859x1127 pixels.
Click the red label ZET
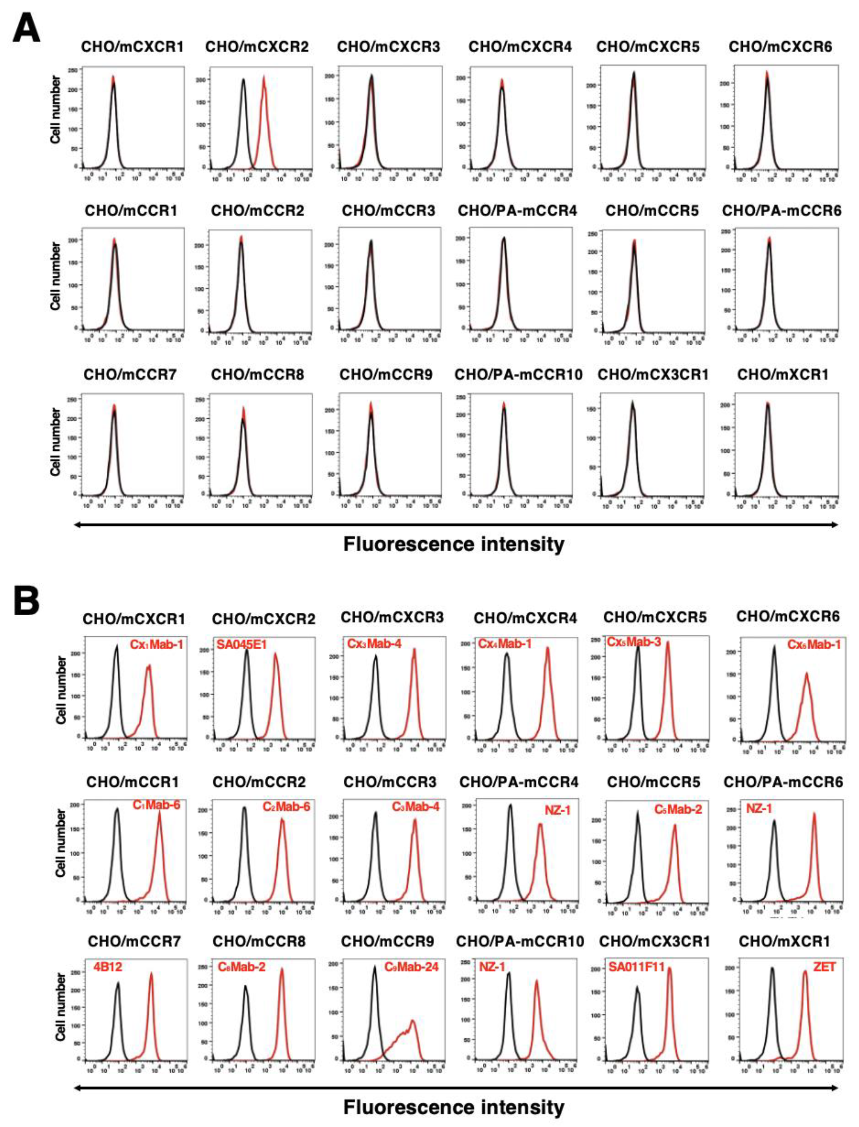[824, 966]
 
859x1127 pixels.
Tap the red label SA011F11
[636, 967]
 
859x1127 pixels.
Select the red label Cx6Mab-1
[814, 645]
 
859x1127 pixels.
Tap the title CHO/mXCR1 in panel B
[784, 941]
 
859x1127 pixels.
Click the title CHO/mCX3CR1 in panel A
[652, 374]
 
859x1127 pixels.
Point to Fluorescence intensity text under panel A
[454, 544]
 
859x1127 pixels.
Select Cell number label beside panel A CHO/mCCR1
[55, 276]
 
